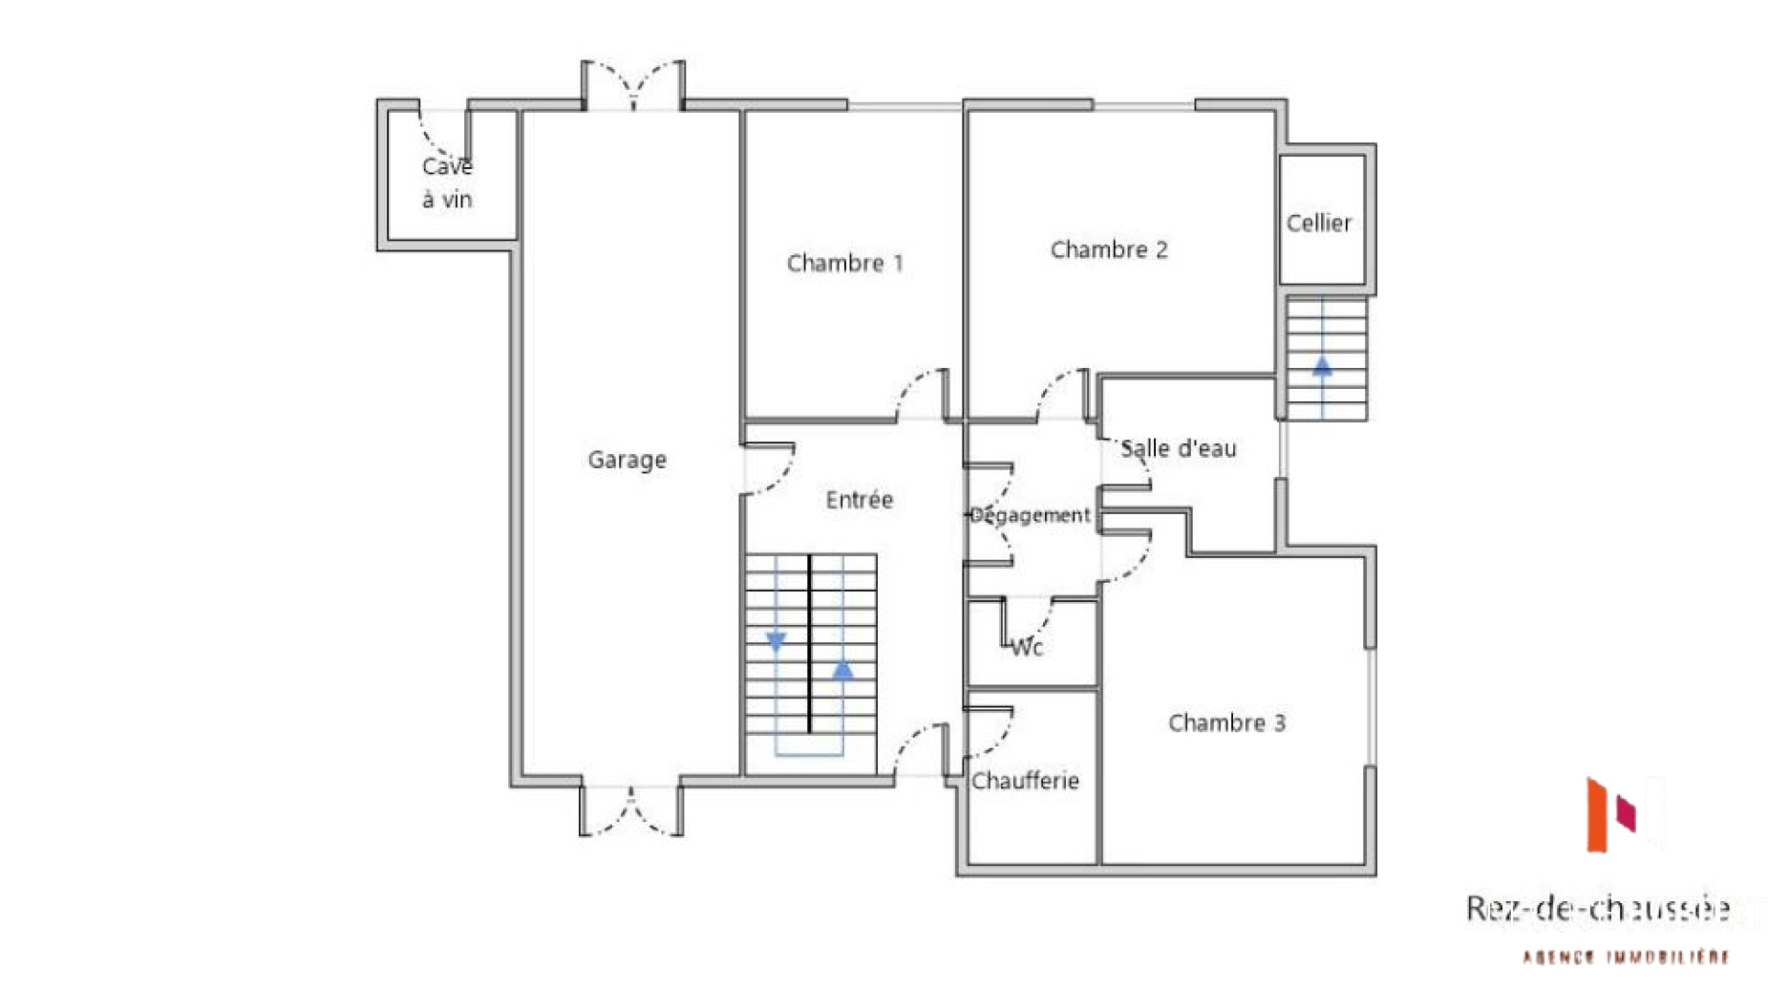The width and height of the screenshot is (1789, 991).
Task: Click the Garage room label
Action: click(x=627, y=460)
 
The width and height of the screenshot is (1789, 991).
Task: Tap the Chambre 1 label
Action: click(x=845, y=263)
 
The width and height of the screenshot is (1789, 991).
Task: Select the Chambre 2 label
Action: click(x=1108, y=250)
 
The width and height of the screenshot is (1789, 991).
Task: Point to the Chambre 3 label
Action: click(x=1227, y=723)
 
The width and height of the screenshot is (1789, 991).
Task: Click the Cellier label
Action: click(x=1318, y=223)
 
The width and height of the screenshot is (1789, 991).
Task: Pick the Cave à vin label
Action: click(x=447, y=183)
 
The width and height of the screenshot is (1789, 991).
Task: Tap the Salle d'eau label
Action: click(x=1178, y=449)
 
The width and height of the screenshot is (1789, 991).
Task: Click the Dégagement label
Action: click(x=1029, y=515)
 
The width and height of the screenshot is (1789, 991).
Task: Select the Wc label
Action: click(x=1027, y=648)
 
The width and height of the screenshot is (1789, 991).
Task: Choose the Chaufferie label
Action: click(x=1025, y=781)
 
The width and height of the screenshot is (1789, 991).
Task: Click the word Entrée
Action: click(x=859, y=500)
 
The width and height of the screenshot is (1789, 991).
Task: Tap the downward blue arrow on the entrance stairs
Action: click(x=776, y=641)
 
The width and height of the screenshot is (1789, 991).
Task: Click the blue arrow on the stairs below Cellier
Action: click(x=1322, y=366)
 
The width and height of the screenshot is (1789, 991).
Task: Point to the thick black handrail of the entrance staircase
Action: click(x=809, y=642)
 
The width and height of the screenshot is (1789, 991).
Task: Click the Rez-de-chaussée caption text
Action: click(x=1597, y=908)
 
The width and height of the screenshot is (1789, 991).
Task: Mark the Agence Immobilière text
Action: click(x=1626, y=957)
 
